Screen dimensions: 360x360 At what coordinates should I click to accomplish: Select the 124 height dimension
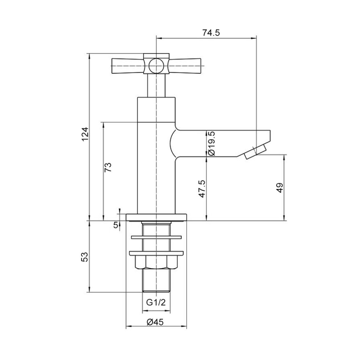[x=85, y=135]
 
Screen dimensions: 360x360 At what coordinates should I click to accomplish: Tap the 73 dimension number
[x=108, y=167]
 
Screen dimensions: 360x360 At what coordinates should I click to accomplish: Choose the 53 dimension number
[x=85, y=257]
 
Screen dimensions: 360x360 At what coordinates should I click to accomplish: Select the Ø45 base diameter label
[x=155, y=322]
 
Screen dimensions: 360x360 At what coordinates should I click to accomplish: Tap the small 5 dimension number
[x=116, y=225]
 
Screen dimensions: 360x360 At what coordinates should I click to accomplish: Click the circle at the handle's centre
[x=156, y=65]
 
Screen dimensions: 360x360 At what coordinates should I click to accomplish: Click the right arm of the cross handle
[x=184, y=66]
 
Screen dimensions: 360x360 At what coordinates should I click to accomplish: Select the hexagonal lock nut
[x=156, y=262]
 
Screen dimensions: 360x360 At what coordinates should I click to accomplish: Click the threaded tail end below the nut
[x=156, y=282]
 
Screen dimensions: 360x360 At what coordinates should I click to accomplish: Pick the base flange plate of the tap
[x=156, y=217]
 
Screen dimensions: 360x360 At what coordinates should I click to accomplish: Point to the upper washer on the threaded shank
[x=156, y=236]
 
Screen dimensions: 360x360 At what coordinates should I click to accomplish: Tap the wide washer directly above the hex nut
[x=156, y=252]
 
